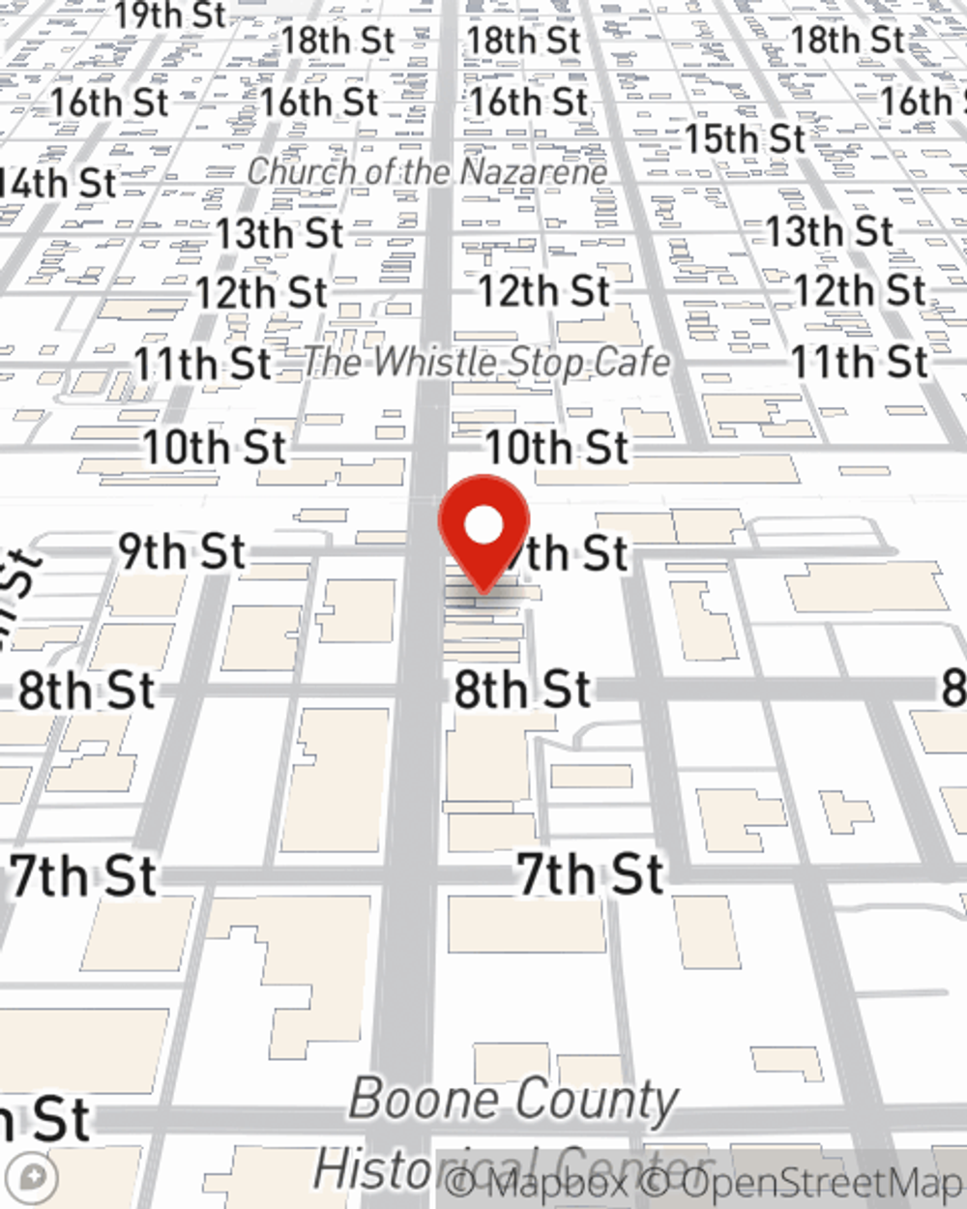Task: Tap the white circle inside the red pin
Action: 484,526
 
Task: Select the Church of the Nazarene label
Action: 426,172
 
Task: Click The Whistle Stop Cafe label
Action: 486,363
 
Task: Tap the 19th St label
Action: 170,15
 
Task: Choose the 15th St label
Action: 745,139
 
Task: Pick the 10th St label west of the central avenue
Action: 215,448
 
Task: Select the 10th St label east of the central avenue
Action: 557,448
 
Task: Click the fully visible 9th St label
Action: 182,551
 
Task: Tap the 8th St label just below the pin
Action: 522,691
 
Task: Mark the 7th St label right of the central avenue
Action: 591,875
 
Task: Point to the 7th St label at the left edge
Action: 83,876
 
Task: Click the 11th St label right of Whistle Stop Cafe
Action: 860,363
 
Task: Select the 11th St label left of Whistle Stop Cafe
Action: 202,365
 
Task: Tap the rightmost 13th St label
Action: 830,232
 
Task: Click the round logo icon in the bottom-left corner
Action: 37,1178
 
